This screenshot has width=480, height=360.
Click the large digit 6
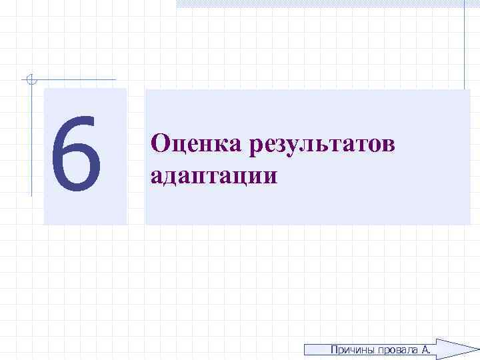pos(76,153)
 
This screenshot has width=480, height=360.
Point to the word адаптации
pos(213,175)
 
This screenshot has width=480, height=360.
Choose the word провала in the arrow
pos(397,350)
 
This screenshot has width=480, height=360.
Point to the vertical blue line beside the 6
pos(31,140)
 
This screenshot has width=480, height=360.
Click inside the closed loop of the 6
pos(76,167)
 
